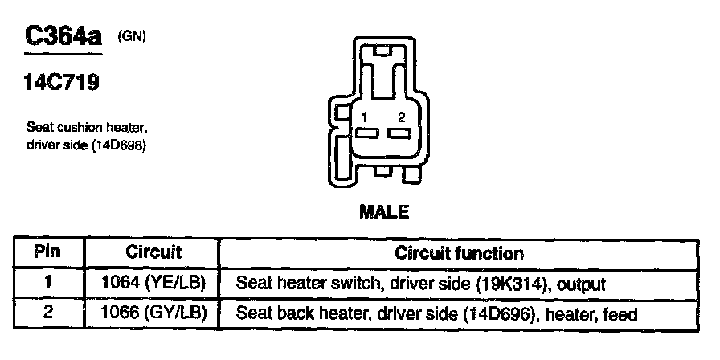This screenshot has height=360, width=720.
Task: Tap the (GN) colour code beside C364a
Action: click(132, 35)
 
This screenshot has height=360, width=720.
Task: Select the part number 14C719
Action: click(62, 83)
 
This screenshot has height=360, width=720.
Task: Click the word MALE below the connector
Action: click(383, 212)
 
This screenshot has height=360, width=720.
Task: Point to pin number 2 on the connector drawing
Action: click(400, 118)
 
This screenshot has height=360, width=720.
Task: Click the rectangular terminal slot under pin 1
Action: click(367, 133)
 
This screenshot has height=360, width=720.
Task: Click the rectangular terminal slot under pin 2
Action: click(399, 133)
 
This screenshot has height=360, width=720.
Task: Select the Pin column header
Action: click(47, 252)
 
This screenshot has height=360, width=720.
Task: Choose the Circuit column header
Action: click(153, 252)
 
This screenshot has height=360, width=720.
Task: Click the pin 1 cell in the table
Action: click(47, 283)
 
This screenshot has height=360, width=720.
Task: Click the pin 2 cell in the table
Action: click(47, 313)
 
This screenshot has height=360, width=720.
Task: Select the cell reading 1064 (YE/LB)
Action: click(153, 283)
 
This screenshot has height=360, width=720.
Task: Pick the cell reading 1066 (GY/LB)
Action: click(153, 313)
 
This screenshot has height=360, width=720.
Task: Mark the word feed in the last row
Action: click(622, 314)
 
